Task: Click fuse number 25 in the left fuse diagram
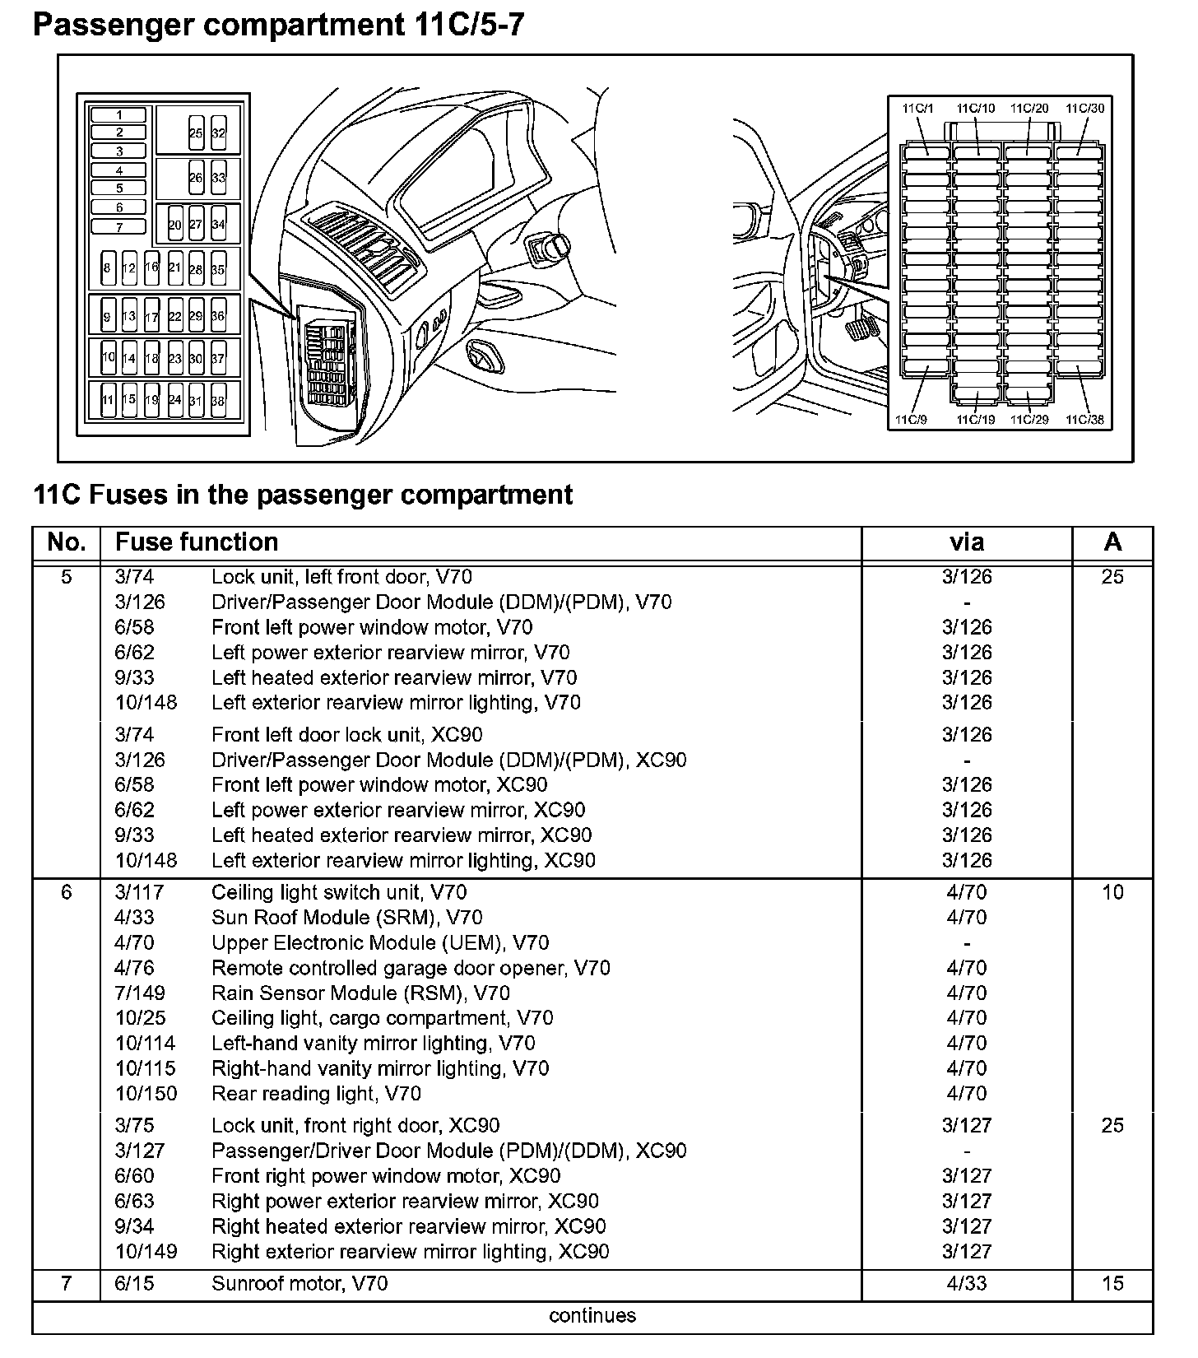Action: [196, 133]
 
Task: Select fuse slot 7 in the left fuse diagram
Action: [119, 227]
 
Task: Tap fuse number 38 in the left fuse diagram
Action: [218, 401]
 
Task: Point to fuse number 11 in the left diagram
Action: [108, 401]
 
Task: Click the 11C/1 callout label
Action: [917, 108]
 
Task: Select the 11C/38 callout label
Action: [1084, 420]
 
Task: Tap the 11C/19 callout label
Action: [975, 420]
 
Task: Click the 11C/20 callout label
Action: [1029, 108]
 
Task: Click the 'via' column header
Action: [967, 542]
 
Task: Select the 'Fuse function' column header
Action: [197, 542]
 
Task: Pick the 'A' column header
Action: [1112, 542]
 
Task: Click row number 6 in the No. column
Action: [67, 892]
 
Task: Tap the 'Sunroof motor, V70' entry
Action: [299, 1283]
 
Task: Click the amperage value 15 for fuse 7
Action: [1112, 1283]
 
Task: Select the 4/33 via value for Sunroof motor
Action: [967, 1283]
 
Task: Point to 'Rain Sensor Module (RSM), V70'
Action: [360, 993]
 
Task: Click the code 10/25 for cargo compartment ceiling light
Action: [141, 1018]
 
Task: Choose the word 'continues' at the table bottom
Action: [592, 1315]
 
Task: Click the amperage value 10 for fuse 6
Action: [1112, 892]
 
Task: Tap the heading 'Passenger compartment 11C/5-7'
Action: [278, 25]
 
